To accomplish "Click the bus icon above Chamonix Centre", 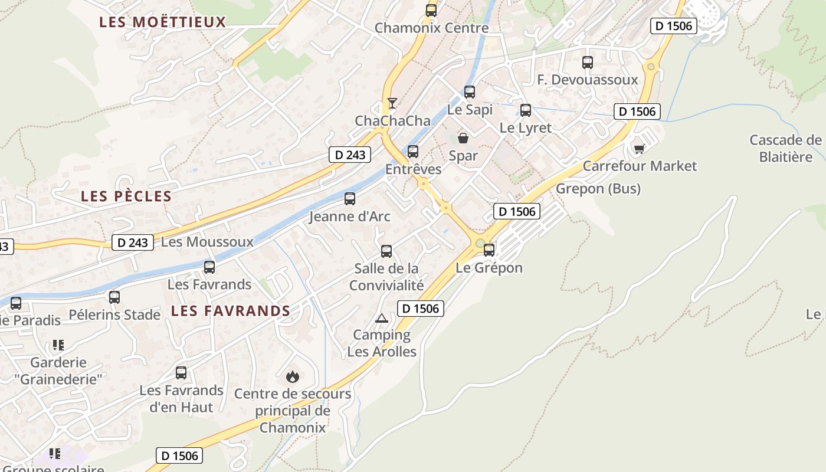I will pyautogui.click(x=431, y=10).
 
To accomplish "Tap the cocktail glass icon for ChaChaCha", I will pyautogui.click(x=392, y=103).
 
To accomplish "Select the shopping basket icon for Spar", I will pyautogui.click(x=463, y=139).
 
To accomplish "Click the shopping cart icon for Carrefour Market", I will pyautogui.click(x=639, y=148).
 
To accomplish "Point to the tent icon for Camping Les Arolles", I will pyautogui.click(x=382, y=319).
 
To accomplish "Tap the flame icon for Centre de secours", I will pyautogui.click(x=292, y=376).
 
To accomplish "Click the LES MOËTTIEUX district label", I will pyautogui.click(x=163, y=22).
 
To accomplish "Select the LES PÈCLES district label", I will pyautogui.click(x=126, y=196).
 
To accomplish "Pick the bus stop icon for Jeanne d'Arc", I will pyautogui.click(x=350, y=199).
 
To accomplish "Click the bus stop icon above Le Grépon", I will pyautogui.click(x=489, y=250).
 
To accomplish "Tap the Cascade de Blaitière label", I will pyautogui.click(x=786, y=149).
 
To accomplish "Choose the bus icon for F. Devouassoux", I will pyautogui.click(x=588, y=63).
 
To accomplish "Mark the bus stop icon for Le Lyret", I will pyautogui.click(x=526, y=110).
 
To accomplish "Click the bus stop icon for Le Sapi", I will pyautogui.click(x=470, y=92).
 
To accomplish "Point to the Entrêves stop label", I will pyautogui.click(x=413, y=169).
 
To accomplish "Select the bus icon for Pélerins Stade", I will pyautogui.click(x=114, y=297).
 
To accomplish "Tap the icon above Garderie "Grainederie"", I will pyautogui.click(x=58, y=345).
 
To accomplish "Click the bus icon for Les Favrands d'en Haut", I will pyautogui.click(x=181, y=373).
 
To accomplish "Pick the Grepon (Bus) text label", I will pyautogui.click(x=598, y=189).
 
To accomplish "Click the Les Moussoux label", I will pyautogui.click(x=207, y=242).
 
